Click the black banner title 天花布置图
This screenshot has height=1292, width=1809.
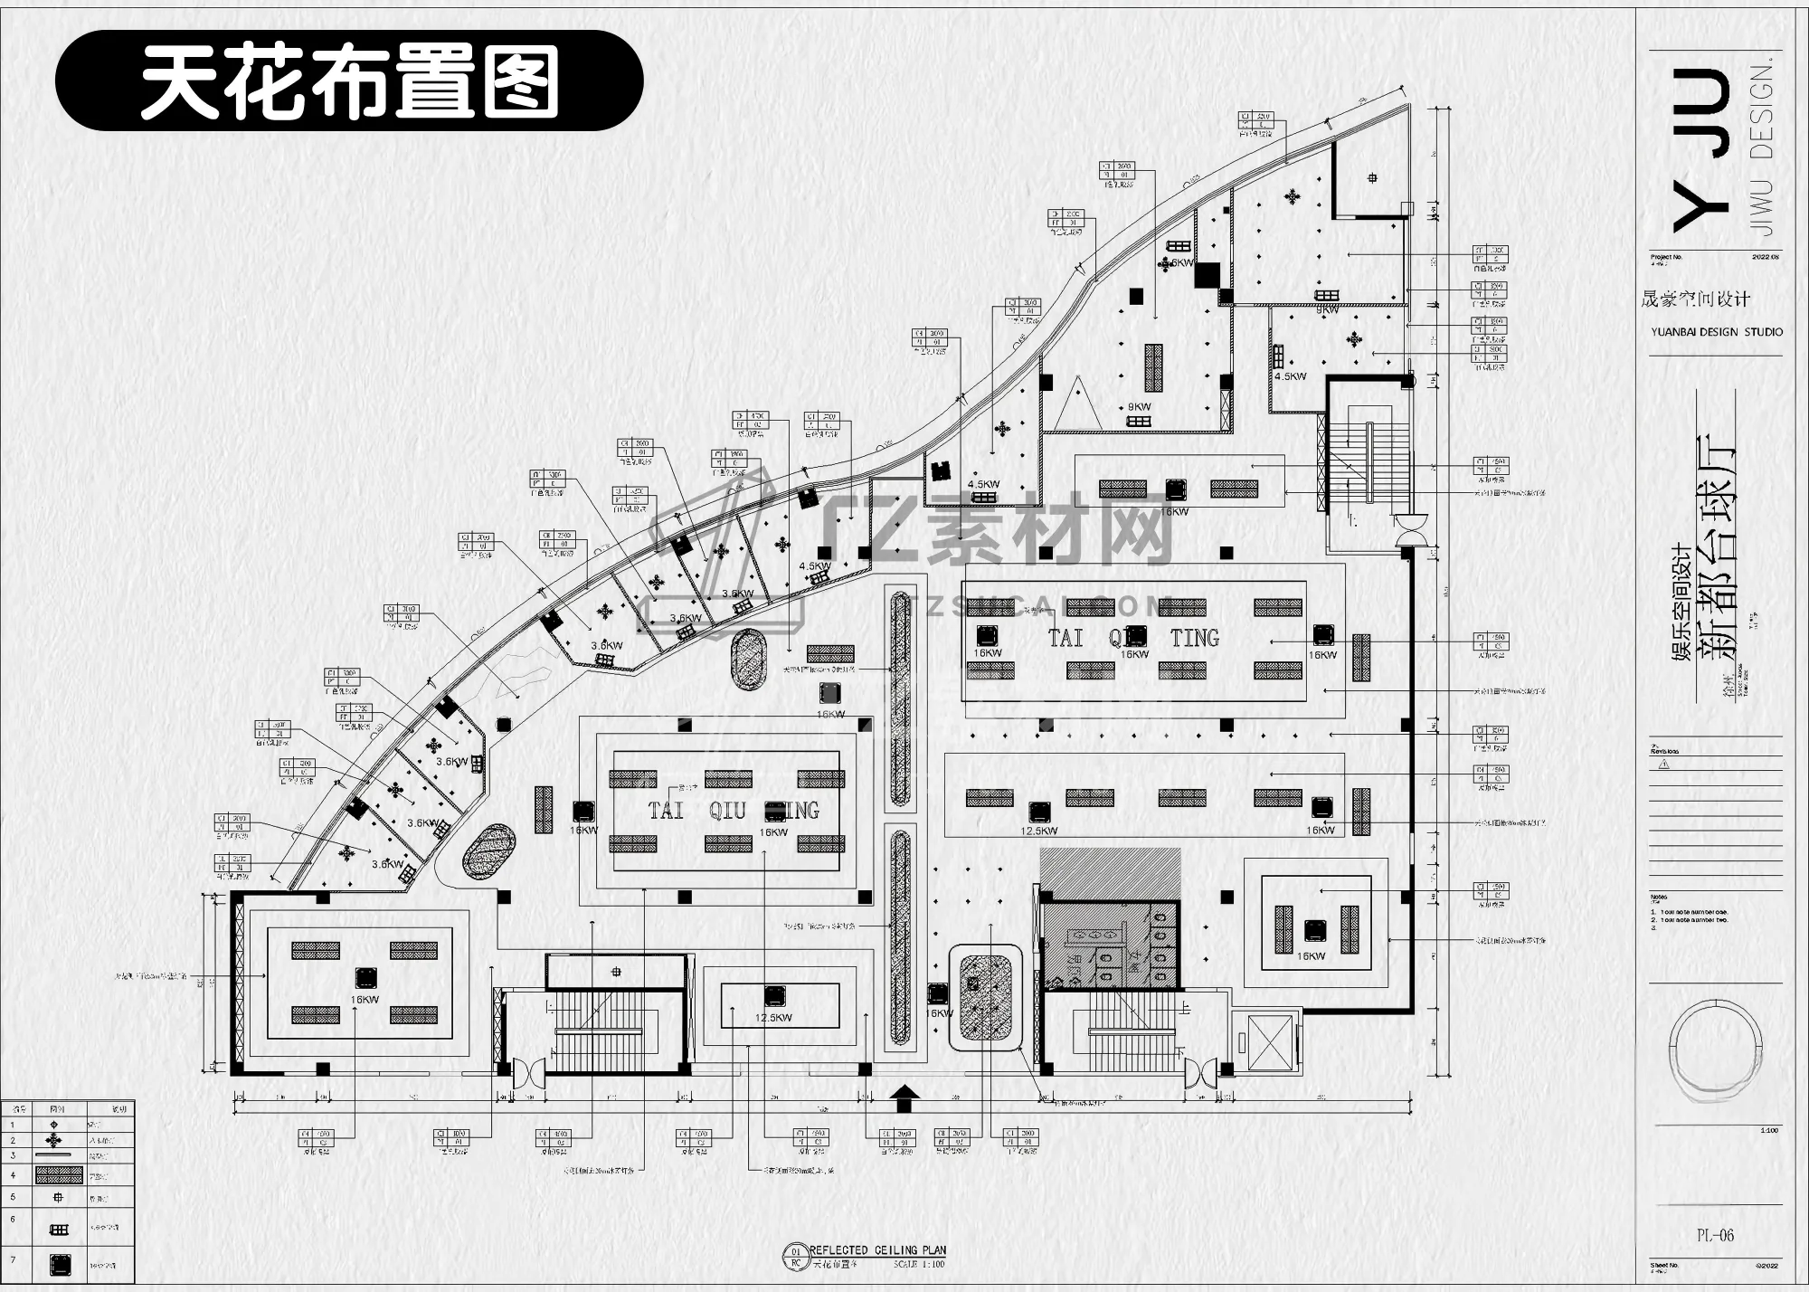pyautogui.click(x=349, y=81)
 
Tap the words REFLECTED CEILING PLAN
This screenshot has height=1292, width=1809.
pyautogui.click(x=877, y=1249)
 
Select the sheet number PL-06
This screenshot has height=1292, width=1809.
pyautogui.click(x=1714, y=1235)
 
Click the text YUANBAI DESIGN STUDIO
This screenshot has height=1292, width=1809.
pyautogui.click(x=1717, y=332)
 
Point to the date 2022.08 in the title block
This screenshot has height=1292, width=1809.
pyautogui.click(x=1765, y=257)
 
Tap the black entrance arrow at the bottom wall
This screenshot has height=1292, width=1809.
pyautogui.click(x=904, y=1099)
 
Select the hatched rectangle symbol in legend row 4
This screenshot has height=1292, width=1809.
pyautogui.click(x=60, y=1176)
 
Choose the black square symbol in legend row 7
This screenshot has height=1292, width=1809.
pyautogui.click(x=60, y=1264)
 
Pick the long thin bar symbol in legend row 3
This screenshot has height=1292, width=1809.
pyautogui.click(x=52, y=1155)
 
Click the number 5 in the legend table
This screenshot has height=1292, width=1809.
pyautogui.click(x=13, y=1197)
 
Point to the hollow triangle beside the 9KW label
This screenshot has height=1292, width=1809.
pyautogui.click(x=1077, y=404)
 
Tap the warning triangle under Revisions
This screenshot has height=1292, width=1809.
pyautogui.click(x=1664, y=764)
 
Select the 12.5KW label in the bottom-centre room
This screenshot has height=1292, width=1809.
pyautogui.click(x=773, y=1018)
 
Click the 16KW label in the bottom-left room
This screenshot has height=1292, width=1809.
pyautogui.click(x=365, y=1000)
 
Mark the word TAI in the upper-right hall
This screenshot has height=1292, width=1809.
pyautogui.click(x=1066, y=638)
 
